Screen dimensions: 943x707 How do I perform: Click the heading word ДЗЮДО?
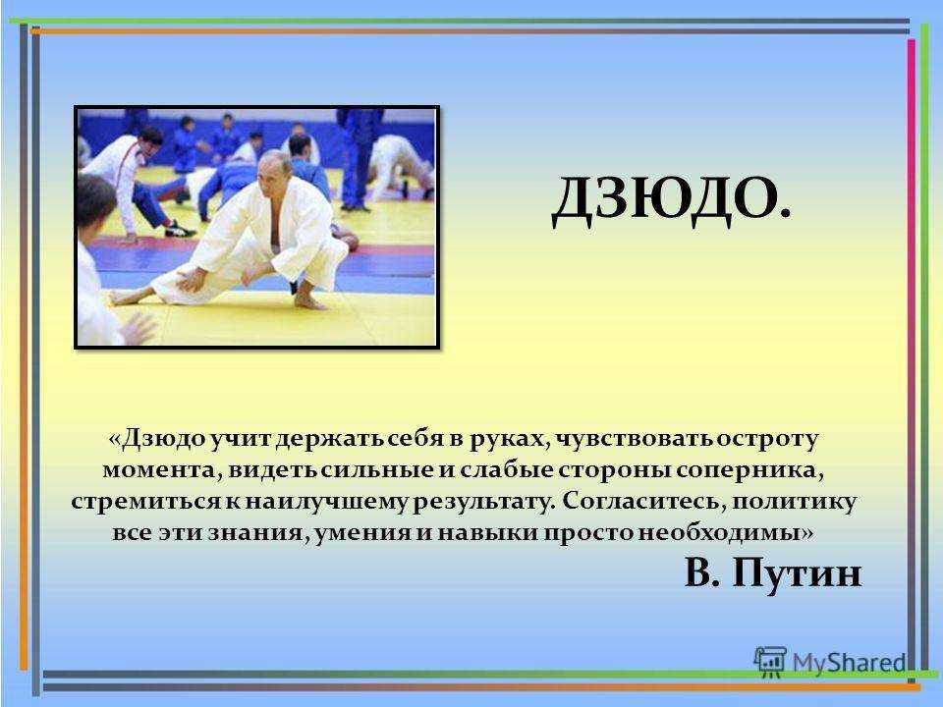(671, 199)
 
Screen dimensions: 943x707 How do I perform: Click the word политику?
(794, 502)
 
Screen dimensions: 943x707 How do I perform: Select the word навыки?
(488, 533)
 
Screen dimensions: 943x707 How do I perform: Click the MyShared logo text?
(850, 663)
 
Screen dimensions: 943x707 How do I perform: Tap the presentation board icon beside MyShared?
(770, 661)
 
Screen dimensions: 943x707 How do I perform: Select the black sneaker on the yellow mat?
(179, 229)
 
